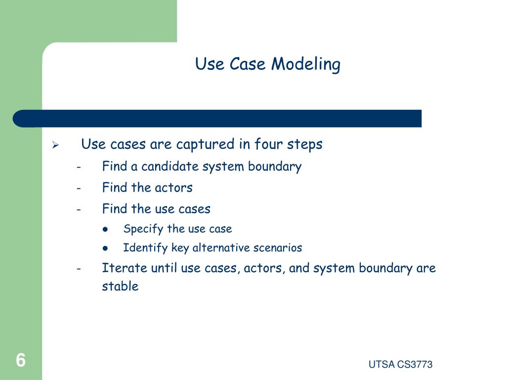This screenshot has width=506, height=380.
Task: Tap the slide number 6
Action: point(20,360)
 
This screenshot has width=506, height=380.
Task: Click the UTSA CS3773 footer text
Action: point(400,365)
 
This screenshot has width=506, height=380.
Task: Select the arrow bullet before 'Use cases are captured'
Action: point(56,145)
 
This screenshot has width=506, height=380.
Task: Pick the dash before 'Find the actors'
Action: point(79,189)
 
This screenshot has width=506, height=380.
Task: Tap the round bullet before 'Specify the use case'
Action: point(106,229)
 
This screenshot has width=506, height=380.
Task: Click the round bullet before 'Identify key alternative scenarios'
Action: point(106,248)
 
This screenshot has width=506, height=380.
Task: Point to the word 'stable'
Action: point(120,286)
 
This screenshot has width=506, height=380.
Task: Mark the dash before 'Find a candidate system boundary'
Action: point(79,167)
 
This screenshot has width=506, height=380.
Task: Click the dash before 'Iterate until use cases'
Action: point(79,269)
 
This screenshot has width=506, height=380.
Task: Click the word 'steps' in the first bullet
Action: point(305,144)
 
